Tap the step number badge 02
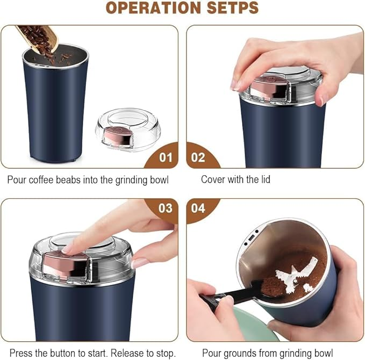click(x=198, y=158)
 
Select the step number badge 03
click(x=166, y=208)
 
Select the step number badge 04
click(x=198, y=208)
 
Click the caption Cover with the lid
click(x=235, y=179)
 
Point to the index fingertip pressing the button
click(x=69, y=248)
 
